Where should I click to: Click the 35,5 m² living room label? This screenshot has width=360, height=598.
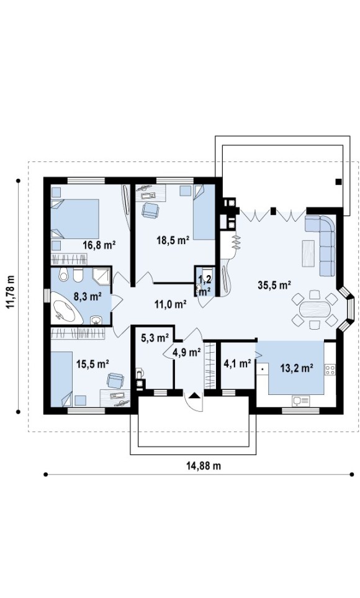[x=274, y=285]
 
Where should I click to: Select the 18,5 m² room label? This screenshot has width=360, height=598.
[x=173, y=240]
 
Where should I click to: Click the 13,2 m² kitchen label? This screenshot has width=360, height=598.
[x=297, y=368]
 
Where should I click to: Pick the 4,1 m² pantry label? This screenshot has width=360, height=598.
[x=237, y=363]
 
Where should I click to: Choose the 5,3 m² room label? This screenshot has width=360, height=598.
[x=155, y=338]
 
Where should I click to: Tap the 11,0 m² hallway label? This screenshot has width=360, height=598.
[x=170, y=304]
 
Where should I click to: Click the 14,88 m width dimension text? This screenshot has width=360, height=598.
[x=204, y=466]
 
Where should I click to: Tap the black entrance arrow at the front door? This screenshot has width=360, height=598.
[x=194, y=395]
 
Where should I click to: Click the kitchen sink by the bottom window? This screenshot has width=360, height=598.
[x=301, y=401]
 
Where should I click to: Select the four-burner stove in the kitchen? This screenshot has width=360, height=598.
[x=330, y=369]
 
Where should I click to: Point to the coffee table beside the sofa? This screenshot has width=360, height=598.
[x=308, y=253]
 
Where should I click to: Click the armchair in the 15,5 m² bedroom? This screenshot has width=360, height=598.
[x=115, y=380]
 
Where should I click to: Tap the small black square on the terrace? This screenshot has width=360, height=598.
[x=338, y=182]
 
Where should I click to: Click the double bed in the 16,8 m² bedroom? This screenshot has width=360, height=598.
[x=75, y=219]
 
